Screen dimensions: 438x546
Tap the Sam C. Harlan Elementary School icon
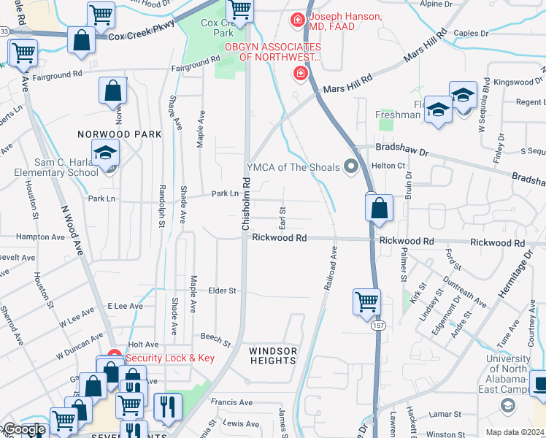coord(107,154)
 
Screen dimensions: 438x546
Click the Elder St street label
coord(223,291)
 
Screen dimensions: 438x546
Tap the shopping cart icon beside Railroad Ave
coord(366,301)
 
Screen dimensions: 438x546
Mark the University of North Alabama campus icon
coord(507,404)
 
